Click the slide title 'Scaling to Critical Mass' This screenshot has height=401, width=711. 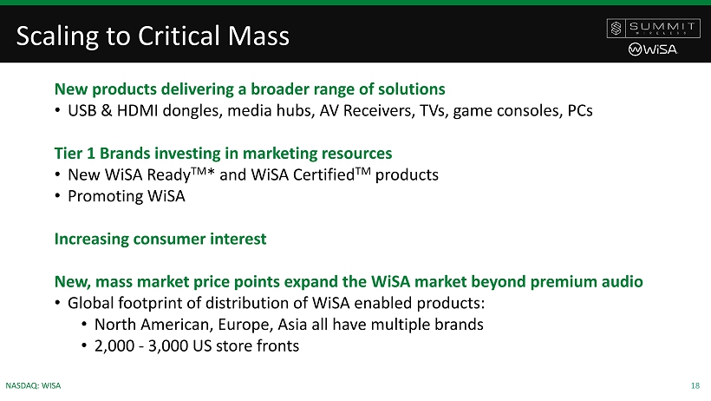point(153,36)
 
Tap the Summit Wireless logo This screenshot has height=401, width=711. point(653,28)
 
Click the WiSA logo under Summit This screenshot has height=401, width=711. point(653,49)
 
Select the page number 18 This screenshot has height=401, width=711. point(695,385)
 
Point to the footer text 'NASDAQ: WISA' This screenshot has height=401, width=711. point(33,385)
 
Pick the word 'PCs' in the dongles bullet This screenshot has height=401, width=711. point(580,110)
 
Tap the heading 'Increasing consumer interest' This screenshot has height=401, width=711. point(160,239)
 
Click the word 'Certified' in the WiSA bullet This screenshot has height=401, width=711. point(323,174)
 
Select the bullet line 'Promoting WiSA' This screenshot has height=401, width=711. point(126,196)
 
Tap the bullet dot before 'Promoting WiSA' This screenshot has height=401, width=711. point(57,196)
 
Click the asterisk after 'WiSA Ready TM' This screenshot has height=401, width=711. point(211,172)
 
